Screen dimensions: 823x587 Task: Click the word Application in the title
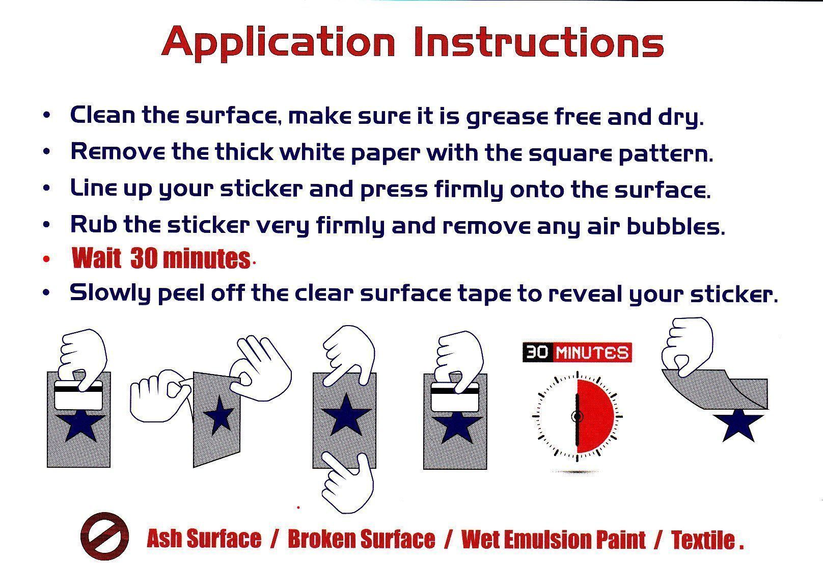[278, 43]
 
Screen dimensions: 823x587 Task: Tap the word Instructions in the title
[539, 42]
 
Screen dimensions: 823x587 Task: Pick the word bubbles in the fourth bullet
[676, 226]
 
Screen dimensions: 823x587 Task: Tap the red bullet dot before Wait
[46, 259]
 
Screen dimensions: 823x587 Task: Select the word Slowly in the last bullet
[110, 293]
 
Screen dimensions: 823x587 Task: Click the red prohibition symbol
[105, 536]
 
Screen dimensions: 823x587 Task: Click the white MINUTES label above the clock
[592, 353]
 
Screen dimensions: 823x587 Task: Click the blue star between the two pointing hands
[345, 414]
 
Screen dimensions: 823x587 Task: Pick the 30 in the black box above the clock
[537, 353]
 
